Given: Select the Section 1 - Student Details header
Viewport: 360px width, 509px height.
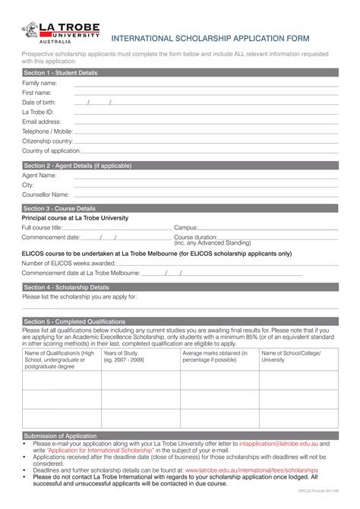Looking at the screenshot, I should (x=61, y=72).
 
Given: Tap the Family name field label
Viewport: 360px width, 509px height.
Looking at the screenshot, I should (x=39, y=83).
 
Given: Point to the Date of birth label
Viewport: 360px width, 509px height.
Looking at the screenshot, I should (x=40, y=102).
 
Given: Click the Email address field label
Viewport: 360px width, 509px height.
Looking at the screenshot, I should (x=42, y=121).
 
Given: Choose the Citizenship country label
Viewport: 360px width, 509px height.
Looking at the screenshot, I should (x=47, y=141).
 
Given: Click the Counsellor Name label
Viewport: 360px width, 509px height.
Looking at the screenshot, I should (x=45, y=194).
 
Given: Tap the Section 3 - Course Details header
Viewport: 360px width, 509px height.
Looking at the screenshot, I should (x=60, y=208).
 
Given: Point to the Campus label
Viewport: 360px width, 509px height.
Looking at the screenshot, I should (x=186, y=227).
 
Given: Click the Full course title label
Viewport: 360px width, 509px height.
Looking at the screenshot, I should (x=42, y=227).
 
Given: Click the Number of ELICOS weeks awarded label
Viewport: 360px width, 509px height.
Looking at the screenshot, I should (x=68, y=263).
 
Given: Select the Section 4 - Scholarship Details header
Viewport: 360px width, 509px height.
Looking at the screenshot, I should (x=66, y=287).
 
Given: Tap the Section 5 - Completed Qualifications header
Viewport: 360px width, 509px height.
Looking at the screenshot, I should (x=74, y=321).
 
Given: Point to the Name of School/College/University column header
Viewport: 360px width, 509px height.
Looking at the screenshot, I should (x=296, y=356).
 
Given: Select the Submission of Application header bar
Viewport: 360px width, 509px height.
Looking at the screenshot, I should (x=61, y=436).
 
